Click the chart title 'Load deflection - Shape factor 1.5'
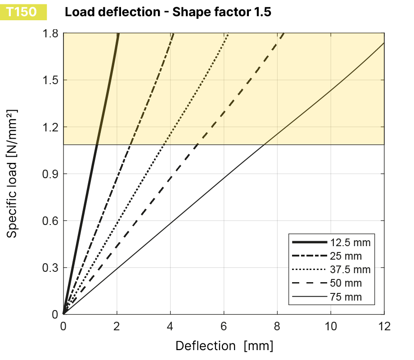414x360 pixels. click(168, 12)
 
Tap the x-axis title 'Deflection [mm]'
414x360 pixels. click(224, 346)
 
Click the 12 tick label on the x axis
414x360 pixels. click(384, 325)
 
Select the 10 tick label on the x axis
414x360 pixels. click(331, 325)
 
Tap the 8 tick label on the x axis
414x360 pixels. click(277, 325)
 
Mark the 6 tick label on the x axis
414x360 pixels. click(224, 325)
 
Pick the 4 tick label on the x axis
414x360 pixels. click(170, 325)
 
